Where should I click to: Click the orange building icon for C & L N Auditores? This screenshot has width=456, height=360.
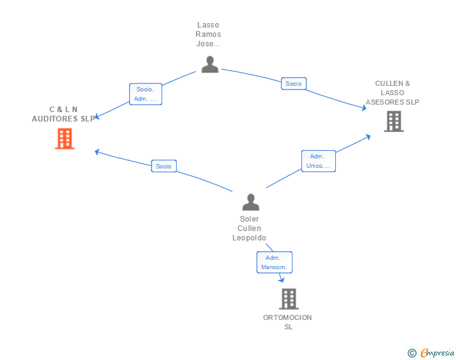tap(65, 138)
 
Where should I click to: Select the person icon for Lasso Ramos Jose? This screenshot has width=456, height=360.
tap(209, 64)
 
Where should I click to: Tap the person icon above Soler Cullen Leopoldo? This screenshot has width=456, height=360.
tap(251, 202)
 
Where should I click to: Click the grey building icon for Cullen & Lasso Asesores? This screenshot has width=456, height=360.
tap(393, 121)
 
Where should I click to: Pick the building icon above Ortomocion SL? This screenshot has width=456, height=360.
tap(288, 299)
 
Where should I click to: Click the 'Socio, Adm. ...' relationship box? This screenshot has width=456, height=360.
tap(145, 94)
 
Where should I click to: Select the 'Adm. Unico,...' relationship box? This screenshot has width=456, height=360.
tap(318, 161)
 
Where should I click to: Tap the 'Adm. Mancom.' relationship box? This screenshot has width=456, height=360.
tap(274, 262)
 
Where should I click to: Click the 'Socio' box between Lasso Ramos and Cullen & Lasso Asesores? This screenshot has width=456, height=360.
tap(293, 83)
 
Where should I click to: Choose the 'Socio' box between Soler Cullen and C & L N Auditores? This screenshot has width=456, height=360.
tap(163, 166)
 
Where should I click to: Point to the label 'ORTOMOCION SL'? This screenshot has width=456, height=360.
tap(288, 322)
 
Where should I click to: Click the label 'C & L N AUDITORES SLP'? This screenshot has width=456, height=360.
tap(63, 114)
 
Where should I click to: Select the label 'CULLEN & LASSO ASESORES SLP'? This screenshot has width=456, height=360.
tap(393, 93)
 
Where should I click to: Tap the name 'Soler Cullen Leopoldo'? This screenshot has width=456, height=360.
tap(249, 229)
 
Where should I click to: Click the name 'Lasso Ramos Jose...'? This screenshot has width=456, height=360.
tap(208, 34)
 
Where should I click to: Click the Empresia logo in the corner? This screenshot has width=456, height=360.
tap(437, 353)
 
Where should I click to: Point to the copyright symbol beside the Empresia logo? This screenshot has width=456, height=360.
tap(412, 353)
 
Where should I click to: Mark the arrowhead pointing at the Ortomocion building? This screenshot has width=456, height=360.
tap(281, 280)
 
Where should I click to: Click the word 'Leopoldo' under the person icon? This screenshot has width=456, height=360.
tap(249, 238)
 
